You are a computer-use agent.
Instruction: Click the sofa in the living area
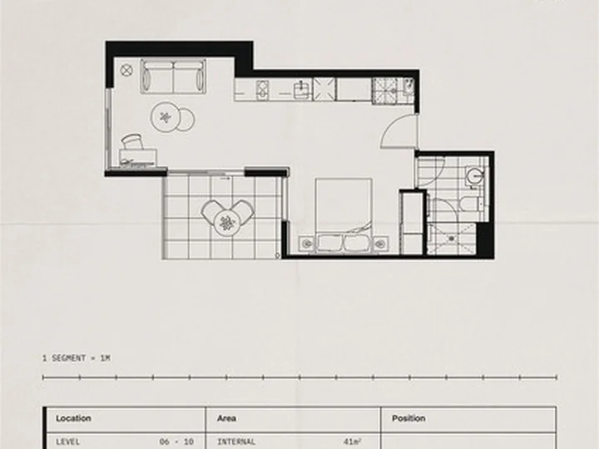173,76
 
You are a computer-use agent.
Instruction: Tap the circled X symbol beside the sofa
126,70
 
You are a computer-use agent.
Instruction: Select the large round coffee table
166,117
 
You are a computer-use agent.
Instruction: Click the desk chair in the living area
133,141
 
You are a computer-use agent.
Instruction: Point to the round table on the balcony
227,223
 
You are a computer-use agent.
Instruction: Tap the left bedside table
306,244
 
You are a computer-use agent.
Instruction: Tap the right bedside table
380,244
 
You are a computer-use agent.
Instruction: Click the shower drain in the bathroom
452,239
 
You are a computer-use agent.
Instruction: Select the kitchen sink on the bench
302,90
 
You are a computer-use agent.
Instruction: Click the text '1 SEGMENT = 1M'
77,358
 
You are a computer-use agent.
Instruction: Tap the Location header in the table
73,418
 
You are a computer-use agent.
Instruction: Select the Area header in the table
226,418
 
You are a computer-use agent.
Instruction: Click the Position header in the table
408,418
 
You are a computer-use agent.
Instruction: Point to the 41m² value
352,442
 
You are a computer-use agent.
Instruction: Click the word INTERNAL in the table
236,442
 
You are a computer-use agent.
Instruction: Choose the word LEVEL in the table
68,442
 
